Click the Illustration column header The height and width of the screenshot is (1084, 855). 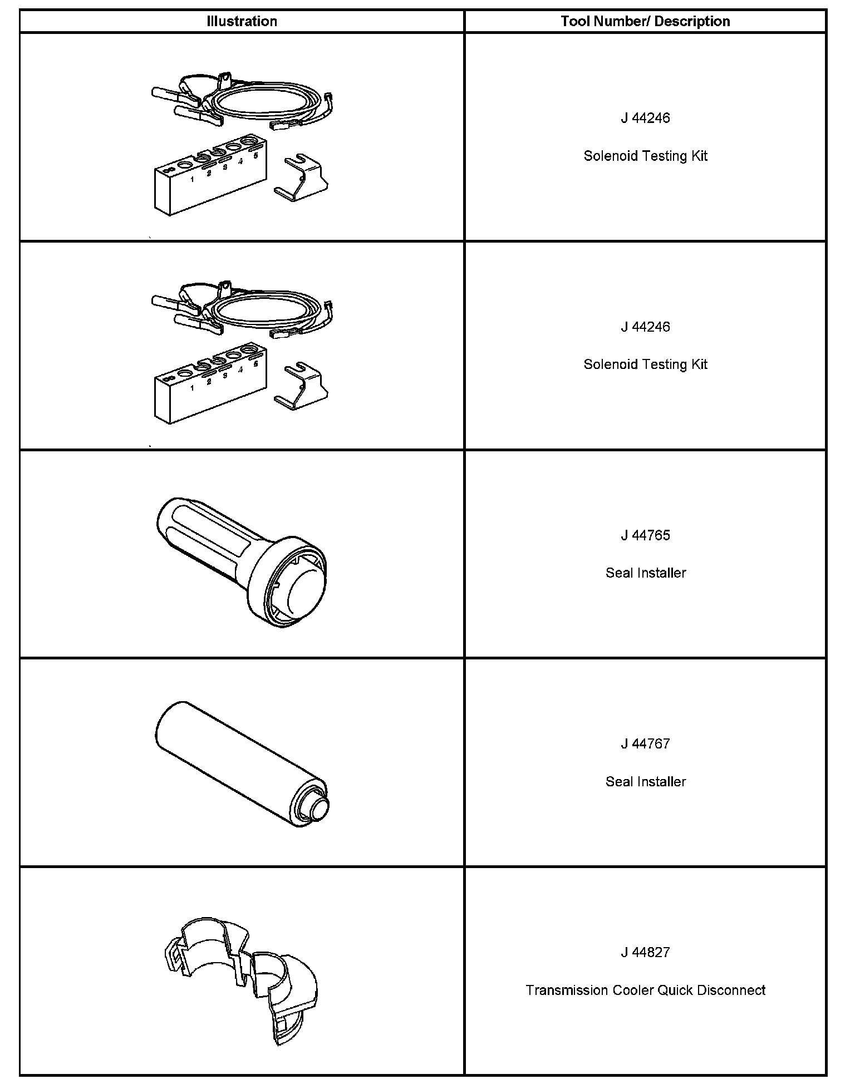(x=242, y=22)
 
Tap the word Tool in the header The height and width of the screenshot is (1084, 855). (x=573, y=22)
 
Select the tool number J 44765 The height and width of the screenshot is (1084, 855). (x=645, y=535)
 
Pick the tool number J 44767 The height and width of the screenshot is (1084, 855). (x=645, y=744)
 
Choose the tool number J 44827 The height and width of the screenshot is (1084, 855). (x=645, y=953)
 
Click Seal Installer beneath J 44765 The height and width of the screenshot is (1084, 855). (x=645, y=573)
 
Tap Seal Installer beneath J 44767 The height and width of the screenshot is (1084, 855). (x=645, y=782)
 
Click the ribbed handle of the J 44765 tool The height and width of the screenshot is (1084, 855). (x=206, y=534)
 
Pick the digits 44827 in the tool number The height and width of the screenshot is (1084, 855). (x=651, y=953)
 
